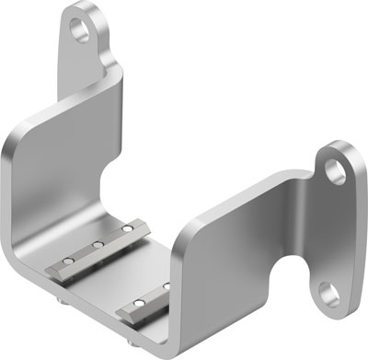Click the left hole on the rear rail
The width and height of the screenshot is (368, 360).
click(x=63, y=261)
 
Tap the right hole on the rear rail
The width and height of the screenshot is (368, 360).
click(x=127, y=227)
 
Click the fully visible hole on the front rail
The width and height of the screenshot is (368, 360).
click(x=137, y=303)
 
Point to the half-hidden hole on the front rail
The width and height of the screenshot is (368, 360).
click(x=167, y=286)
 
